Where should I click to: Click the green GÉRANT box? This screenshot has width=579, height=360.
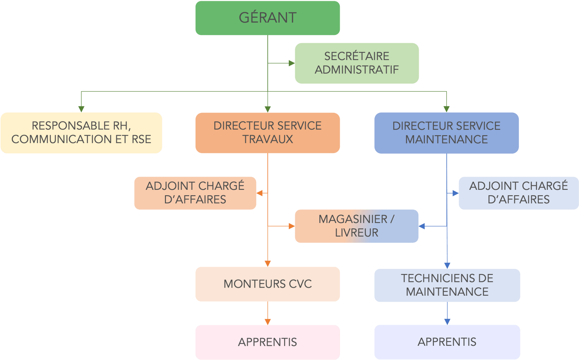[267, 18]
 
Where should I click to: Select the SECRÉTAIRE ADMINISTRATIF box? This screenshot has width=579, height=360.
[357, 63]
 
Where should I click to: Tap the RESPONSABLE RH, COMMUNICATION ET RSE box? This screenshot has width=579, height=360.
[81, 133]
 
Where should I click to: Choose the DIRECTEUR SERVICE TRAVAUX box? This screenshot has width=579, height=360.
[267, 133]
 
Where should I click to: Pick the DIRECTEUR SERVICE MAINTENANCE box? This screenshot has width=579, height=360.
[446, 133]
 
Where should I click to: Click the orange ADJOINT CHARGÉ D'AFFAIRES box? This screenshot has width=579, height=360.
[195, 193]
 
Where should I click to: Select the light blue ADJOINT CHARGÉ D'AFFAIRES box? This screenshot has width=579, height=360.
[518, 193]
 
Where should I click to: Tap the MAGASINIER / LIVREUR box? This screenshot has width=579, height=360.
[356, 226]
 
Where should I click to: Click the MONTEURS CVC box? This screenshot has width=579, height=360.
[267, 284]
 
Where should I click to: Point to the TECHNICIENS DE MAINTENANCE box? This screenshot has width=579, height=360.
[447, 285]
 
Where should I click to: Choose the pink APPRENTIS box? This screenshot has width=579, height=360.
[267, 342]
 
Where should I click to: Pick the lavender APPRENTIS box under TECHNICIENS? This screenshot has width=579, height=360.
[447, 342]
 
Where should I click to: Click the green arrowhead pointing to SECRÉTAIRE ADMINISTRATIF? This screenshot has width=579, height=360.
[291, 63]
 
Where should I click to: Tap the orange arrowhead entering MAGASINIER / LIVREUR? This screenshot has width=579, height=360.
[291, 226]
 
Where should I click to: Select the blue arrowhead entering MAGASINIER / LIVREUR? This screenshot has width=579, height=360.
[422, 226]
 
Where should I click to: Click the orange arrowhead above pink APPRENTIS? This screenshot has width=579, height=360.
[267, 322]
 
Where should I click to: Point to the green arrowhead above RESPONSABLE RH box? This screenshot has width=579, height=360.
[81, 109]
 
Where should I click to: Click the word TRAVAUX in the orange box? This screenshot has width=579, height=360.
[267, 139]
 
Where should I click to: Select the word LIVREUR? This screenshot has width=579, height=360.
[356, 233]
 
